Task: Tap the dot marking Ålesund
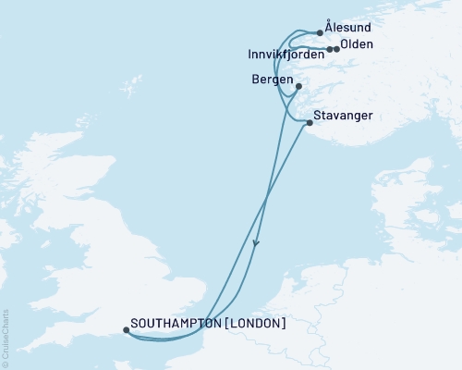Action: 321,33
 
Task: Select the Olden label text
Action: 357,44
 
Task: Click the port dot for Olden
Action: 336,49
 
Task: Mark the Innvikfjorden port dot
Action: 330,49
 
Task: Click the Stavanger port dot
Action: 309,121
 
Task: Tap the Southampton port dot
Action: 126,329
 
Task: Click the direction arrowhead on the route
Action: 255,244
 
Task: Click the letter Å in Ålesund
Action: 330,29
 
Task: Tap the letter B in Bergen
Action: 255,80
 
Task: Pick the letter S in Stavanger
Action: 318,115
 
